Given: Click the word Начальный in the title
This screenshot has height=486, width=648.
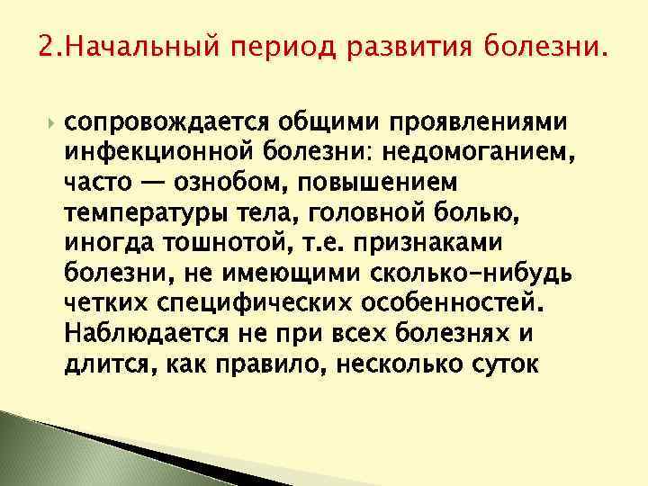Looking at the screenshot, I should click(x=129, y=46).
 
